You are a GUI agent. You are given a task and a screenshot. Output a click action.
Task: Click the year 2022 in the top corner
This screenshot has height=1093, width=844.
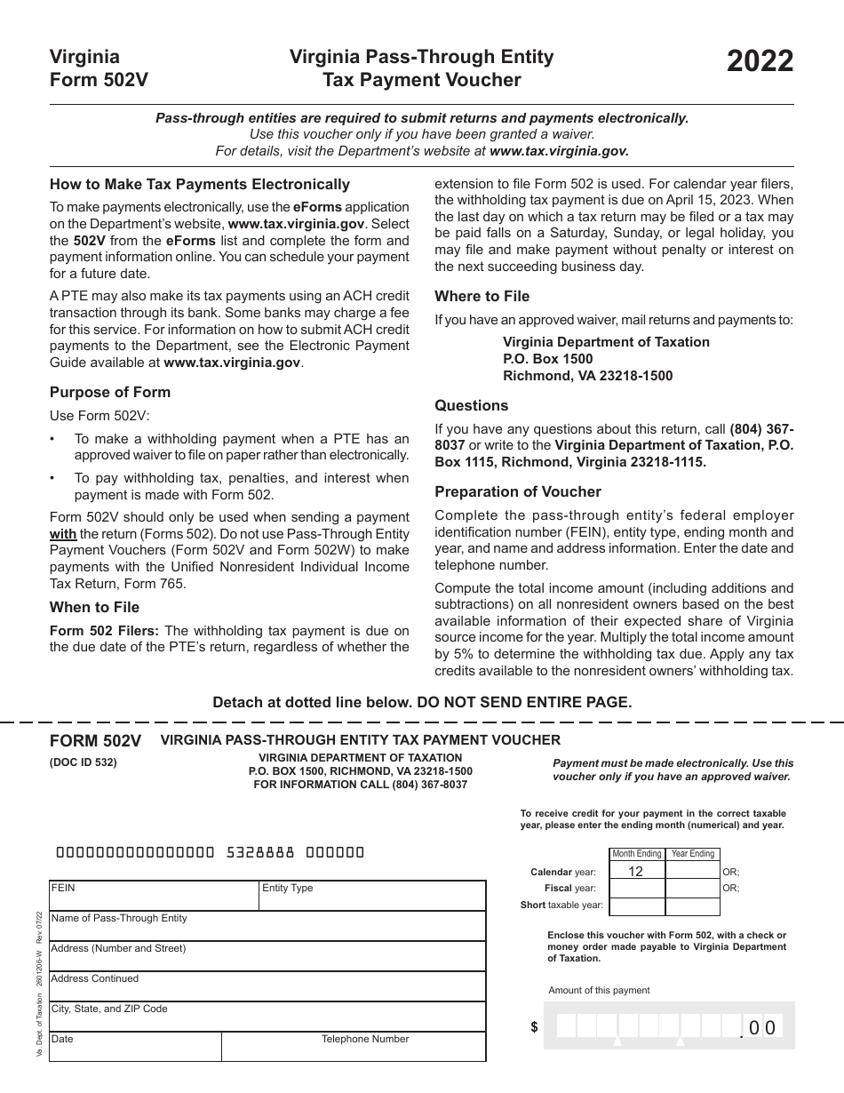pos(760,62)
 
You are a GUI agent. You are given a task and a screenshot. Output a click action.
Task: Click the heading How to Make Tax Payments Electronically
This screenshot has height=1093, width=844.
pos(200,185)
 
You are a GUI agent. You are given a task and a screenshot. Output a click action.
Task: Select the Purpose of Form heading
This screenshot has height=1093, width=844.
pos(110,392)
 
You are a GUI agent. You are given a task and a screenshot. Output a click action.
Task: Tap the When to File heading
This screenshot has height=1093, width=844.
pos(94,608)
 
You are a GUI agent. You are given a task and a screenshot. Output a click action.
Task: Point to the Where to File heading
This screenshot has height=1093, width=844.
pos(482,296)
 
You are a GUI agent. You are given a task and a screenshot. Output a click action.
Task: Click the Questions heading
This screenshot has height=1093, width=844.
pos(471,405)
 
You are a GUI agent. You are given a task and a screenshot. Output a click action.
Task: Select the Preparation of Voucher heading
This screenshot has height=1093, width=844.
pos(518,491)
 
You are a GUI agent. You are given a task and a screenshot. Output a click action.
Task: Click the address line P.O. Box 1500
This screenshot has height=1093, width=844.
pos(547,359)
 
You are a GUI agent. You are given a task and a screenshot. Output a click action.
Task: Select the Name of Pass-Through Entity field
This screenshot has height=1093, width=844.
pos(267,927)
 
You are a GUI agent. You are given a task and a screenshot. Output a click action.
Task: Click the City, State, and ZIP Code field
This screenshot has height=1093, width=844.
pos(267,1017)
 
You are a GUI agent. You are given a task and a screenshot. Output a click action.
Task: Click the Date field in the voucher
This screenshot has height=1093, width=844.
pos(133,1047)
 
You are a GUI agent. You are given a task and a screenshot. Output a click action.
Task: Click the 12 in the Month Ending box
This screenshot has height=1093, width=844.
pos(635,872)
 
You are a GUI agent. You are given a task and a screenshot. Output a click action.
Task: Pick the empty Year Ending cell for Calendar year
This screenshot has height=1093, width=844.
pos(692,872)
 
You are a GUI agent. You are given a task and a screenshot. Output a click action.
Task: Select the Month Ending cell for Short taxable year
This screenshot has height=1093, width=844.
pos(636,906)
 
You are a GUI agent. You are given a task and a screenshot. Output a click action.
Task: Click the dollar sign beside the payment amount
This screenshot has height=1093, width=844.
pos(534,1027)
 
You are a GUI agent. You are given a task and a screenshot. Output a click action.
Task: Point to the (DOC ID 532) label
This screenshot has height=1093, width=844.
pos(83,762)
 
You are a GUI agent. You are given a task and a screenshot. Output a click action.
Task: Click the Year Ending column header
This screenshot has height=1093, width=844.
pos(692,854)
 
